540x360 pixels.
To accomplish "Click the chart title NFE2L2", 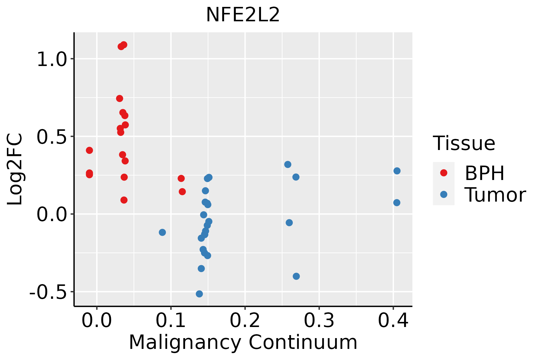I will (x=243, y=15).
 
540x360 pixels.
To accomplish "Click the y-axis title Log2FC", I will (x=15, y=169).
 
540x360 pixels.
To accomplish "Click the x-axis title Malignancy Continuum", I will (x=243, y=343).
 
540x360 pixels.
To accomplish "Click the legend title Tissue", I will (x=464, y=143).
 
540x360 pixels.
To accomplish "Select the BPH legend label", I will (x=484, y=173).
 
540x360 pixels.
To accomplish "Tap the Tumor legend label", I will (x=495, y=195).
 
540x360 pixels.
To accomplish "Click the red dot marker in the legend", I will (x=443, y=173).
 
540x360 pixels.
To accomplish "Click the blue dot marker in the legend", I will (x=443, y=194).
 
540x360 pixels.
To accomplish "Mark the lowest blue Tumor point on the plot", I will (x=199, y=294).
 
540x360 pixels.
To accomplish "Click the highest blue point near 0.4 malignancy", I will (x=397, y=171).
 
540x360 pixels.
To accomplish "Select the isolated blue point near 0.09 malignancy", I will (x=162, y=232).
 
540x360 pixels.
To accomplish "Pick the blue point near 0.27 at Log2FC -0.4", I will (x=296, y=276).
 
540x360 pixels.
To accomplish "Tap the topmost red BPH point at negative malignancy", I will (x=89, y=150).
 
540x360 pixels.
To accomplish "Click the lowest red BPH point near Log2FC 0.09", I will (x=124, y=200).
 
